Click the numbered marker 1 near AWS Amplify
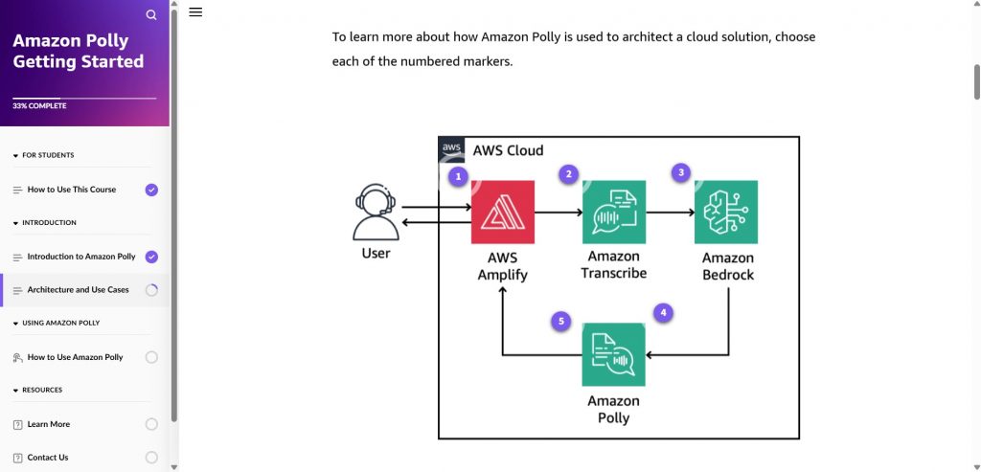tap(459, 176)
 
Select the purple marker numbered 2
tap(569, 174)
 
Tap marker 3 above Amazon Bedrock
tap(681, 172)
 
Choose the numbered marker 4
tap(663, 312)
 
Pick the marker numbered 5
tap(562, 322)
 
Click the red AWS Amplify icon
tap(502, 212)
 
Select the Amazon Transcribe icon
tap(613, 212)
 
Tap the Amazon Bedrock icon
tap(726, 212)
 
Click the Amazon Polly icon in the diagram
tap(613, 354)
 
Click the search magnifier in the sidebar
tap(151, 14)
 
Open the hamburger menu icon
tap(195, 12)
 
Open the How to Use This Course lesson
tap(72, 190)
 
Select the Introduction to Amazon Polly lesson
tap(81, 257)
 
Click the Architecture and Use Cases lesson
tap(78, 290)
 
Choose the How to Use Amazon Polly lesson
tap(75, 357)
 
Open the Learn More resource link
tap(49, 424)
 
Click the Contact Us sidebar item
tap(48, 458)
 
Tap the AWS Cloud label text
tap(508, 150)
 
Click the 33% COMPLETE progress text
tap(39, 106)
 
